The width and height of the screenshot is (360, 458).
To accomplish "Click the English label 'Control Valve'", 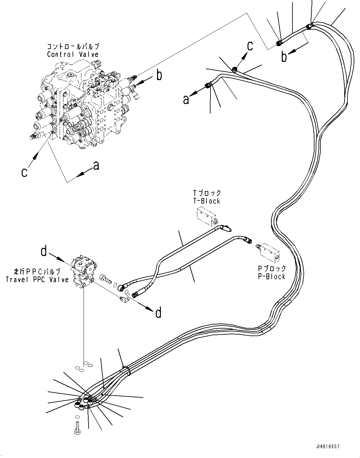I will point(73,54).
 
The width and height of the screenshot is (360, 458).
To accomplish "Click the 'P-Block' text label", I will point(271,276).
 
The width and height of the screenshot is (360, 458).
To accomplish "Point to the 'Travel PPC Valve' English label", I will point(37,279).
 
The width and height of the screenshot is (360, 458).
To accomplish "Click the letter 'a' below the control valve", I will point(96,166).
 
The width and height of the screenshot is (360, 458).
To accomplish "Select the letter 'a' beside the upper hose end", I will point(186,100).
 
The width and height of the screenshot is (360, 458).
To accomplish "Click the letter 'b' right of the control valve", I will point(160,75).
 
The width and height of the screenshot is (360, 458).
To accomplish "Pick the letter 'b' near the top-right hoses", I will point(284,57).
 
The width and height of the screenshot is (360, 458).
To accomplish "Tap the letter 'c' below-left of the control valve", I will point(24,172).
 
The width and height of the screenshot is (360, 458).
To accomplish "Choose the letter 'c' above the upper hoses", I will point(250,46).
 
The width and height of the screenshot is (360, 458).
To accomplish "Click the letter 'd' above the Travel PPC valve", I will point(44,251).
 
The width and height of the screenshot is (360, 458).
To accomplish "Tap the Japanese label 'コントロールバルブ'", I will point(73,47).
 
